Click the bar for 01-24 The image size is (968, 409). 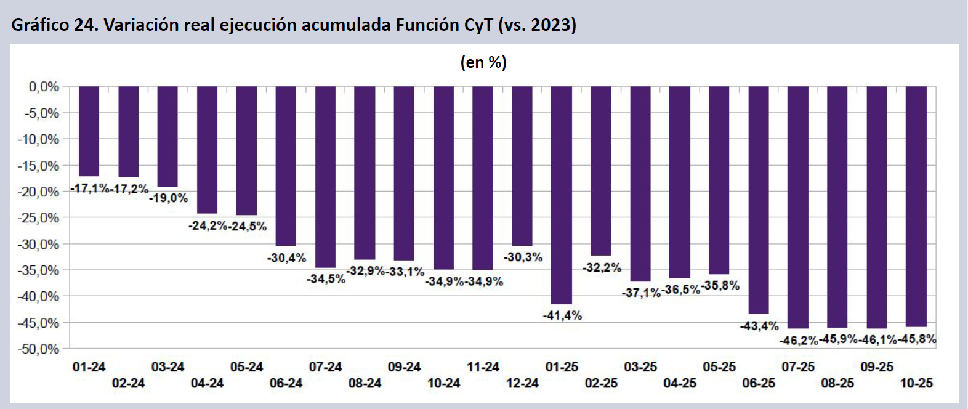pyautogui.click(x=89, y=131)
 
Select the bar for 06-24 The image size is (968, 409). pyautogui.click(x=286, y=166)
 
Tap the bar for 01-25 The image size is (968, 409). pyautogui.click(x=562, y=195)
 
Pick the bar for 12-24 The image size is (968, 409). pyautogui.click(x=522, y=166)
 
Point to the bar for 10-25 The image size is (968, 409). pyautogui.click(x=916, y=206)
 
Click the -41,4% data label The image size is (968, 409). pyautogui.click(x=562, y=315)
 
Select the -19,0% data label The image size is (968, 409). pyautogui.click(x=169, y=198)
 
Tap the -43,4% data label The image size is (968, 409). pyautogui.click(x=759, y=326)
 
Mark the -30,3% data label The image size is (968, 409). pyautogui.click(x=523, y=257)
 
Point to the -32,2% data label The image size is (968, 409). pyautogui.click(x=602, y=268)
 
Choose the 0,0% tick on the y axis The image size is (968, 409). pyautogui.click(x=44, y=87)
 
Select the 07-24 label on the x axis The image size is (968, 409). pyautogui.click(x=325, y=367)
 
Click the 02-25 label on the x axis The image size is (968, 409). pyautogui.click(x=601, y=383)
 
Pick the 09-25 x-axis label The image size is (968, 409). pyautogui.click(x=877, y=367)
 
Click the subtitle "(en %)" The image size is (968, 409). pyautogui.click(x=483, y=62)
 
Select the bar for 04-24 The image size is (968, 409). pyautogui.click(x=207, y=150)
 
